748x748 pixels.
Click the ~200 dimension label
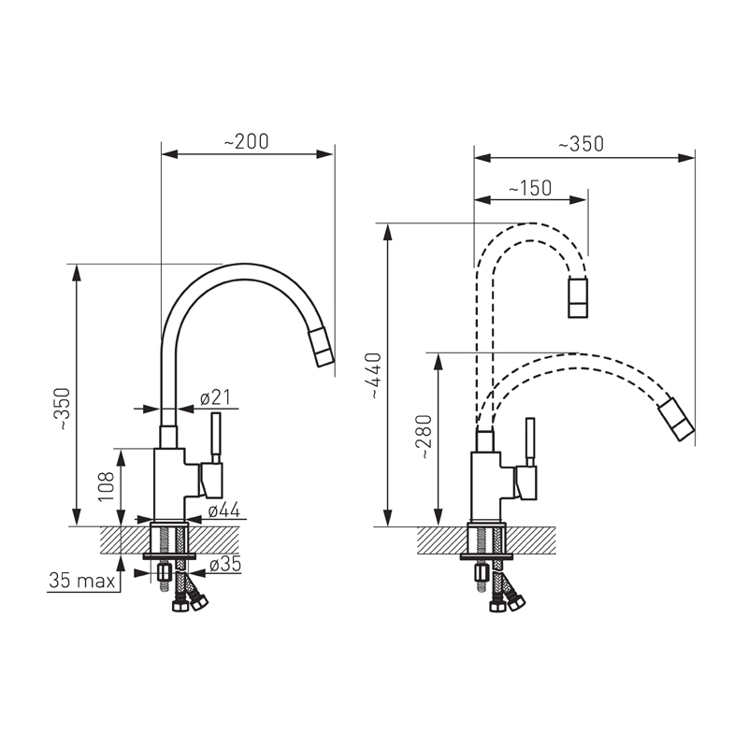(x=247, y=142)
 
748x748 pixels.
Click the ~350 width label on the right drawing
(x=581, y=144)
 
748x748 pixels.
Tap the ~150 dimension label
(x=530, y=188)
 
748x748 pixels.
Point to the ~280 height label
(x=424, y=437)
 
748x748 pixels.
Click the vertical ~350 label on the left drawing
(x=63, y=410)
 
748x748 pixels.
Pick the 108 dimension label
(x=106, y=486)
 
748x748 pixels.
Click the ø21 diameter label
(x=215, y=397)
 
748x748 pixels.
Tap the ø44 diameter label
(x=223, y=510)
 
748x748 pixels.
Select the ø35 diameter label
(x=225, y=565)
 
